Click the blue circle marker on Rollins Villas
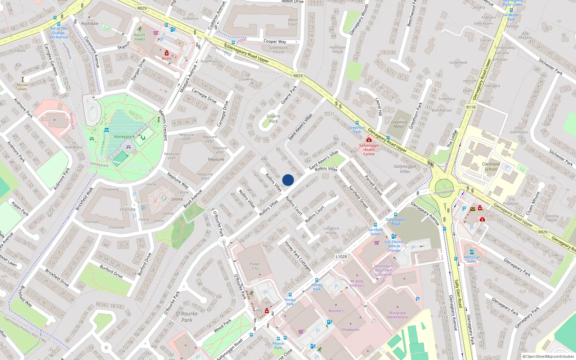[x=288, y=180]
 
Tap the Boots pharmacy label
[x=166, y=58]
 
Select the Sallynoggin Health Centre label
[x=369, y=150]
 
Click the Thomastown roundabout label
[x=444, y=192]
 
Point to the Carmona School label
[x=491, y=166]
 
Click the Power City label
[x=255, y=266]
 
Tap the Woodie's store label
[x=336, y=311]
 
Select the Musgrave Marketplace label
[x=397, y=315]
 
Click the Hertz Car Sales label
[x=472, y=259]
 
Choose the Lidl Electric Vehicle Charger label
[x=394, y=246]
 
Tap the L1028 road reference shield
[x=341, y=257]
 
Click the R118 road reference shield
[x=471, y=107]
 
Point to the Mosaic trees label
[x=23, y=87]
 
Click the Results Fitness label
[x=140, y=37]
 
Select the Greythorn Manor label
[x=399, y=124]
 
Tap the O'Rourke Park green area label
[x=186, y=316]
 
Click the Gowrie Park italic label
[x=273, y=118]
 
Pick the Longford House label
[x=331, y=230]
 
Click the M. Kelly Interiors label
[x=357, y=283]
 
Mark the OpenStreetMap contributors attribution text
[x=548, y=356]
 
